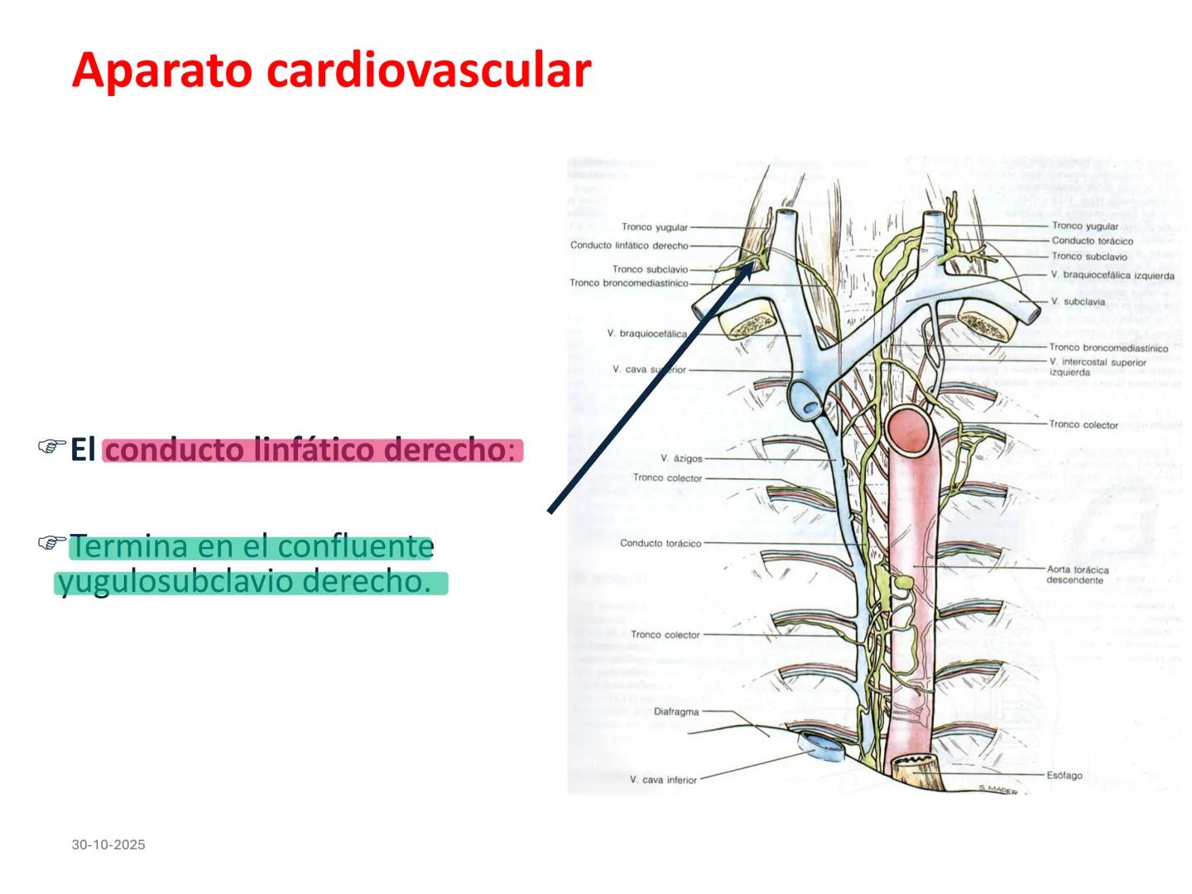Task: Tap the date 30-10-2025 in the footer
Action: pyautogui.click(x=108, y=844)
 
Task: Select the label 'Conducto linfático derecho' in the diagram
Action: pyautogui.click(x=629, y=245)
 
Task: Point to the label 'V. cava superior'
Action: pyautogui.click(x=649, y=369)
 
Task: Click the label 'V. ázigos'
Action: pyautogui.click(x=681, y=458)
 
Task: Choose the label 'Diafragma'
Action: pyautogui.click(x=676, y=711)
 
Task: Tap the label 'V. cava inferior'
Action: pyautogui.click(x=663, y=780)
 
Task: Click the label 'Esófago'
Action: pyautogui.click(x=1064, y=776)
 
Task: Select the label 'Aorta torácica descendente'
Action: pyautogui.click(x=1077, y=574)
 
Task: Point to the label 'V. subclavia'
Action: pyautogui.click(x=1078, y=301)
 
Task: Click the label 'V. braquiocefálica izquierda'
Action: pyautogui.click(x=1113, y=275)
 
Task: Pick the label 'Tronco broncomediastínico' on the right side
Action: pyautogui.click(x=1108, y=348)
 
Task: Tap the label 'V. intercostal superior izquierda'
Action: pyautogui.click(x=1098, y=367)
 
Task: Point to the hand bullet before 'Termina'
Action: pyautogui.click(x=52, y=544)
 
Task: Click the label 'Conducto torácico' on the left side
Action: pyautogui.click(x=661, y=543)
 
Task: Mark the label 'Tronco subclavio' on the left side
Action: pyautogui.click(x=650, y=269)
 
